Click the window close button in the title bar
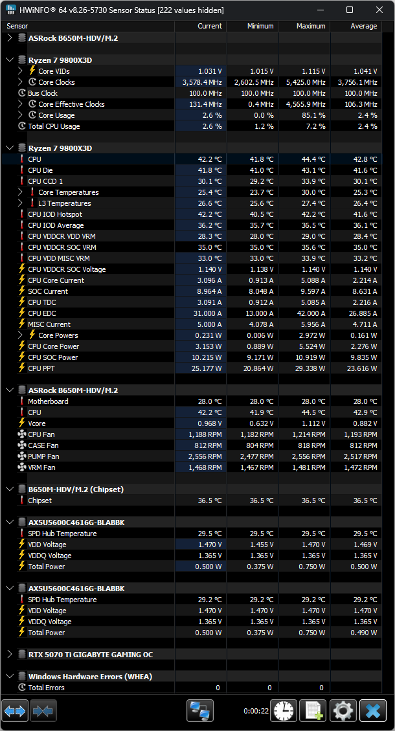[x=379, y=10]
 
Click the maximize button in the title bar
[x=350, y=10]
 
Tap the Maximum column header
[x=311, y=26]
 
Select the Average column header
[x=363, y=26]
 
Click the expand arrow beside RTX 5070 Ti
[x=9, y=655]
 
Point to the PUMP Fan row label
[x=43, y=456]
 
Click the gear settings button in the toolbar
[x=343, y=710]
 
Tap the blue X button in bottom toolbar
[x=372, y=710]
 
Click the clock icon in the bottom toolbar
[x=283, y=710]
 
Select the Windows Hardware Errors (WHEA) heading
[x=90, y=677]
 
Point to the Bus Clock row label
[x=43, y=93]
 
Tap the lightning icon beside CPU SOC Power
[x=22, y=357]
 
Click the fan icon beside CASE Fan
[x=22, y=445]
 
